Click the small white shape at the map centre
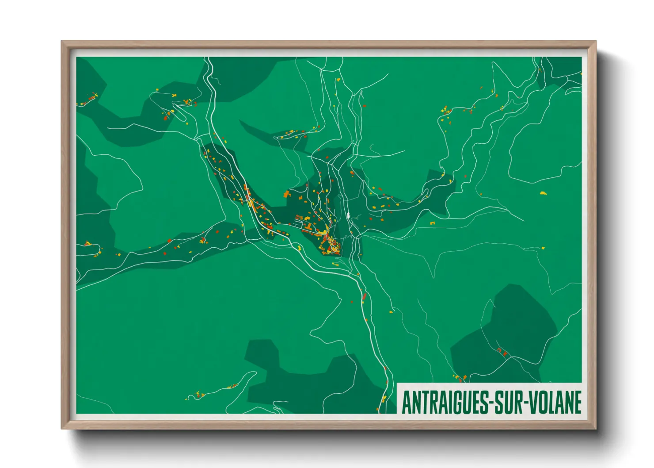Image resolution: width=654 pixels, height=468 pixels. coord(349,215)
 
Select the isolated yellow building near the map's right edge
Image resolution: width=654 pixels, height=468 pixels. coord(543,193)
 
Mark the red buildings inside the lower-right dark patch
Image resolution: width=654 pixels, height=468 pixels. coord(502,352)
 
